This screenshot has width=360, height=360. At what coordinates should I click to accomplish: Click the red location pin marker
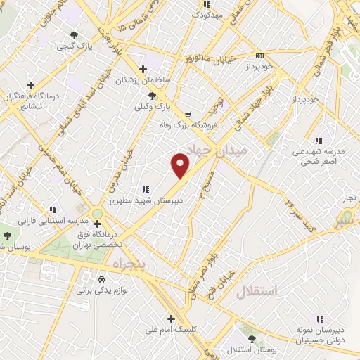point(181,165)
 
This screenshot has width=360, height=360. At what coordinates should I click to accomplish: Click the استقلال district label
point(257,291)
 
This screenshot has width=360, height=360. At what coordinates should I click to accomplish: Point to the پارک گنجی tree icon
point(75,35)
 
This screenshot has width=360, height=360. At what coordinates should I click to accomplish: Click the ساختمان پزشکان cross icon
point(143,69)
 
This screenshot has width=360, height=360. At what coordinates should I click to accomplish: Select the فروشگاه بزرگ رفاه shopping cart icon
point(187,115)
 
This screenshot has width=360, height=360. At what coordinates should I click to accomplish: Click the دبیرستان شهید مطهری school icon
point(146,188)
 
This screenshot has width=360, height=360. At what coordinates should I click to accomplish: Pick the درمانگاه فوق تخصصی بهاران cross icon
point(97,224)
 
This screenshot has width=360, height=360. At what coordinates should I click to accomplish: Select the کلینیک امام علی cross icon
point(171,318)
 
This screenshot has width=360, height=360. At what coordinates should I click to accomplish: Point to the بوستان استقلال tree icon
point(252,338)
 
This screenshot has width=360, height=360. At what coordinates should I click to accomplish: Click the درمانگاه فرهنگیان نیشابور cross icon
point(30,84)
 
